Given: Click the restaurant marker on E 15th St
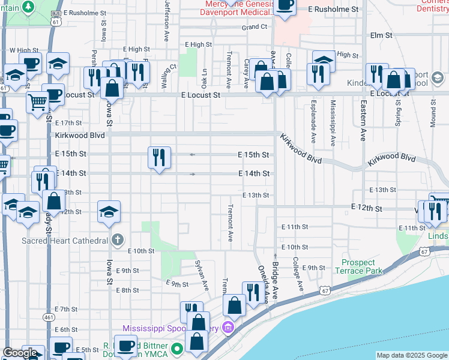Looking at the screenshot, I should tap(159, 157).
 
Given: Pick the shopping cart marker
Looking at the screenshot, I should tap(38, 103).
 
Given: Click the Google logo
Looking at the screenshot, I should tap(20, 353).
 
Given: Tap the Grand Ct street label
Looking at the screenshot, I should tap(255, 27).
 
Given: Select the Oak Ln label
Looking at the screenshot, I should tap(205, 76).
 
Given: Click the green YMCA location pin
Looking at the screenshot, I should tap(176, 347).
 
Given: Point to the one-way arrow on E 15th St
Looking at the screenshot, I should tap(192, 155).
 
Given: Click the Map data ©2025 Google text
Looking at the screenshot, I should tap(412, 355).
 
